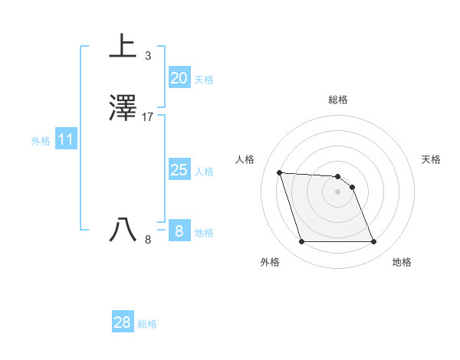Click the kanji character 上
tap(123, 45)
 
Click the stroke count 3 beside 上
tap(147, 56)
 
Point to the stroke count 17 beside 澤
tap(148, 117)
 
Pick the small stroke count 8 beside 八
tap(148, 240)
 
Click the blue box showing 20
tap(179, 78)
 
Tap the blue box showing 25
tap(179, 170)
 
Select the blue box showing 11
tap(66, 140)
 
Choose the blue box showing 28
tap(123, 322)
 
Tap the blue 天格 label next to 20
tap(204, 80)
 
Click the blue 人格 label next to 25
tap(204, 172)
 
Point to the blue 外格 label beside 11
tap(41, 141)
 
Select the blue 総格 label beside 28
tap(148, 324)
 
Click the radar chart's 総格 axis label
tap(338, 100)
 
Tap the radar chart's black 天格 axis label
tap(432, 159)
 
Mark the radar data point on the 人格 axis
tap(279, 172)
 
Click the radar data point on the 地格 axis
tap(374, 242)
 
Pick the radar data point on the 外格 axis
tap(301, 242)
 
